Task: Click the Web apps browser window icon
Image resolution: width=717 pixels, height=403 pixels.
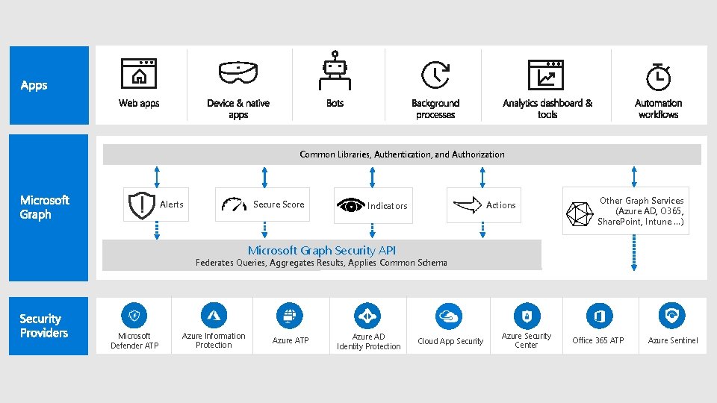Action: click(139, 73)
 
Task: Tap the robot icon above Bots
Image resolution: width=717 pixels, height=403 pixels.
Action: click(335, 71)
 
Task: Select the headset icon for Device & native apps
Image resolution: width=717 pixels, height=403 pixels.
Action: click(238, 72)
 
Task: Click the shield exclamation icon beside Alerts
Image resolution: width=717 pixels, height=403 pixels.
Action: click(140, 204)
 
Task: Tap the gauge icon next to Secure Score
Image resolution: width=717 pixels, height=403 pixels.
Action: click(234, 204)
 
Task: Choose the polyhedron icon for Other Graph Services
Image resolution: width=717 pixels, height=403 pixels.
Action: click(579, 213)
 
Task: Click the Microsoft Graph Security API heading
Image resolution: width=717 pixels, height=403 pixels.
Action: click(322, 251)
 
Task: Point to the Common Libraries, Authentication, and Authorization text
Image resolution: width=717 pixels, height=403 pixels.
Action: click(402, 154)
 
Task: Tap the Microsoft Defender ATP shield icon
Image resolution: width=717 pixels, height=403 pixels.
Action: click(134, 315)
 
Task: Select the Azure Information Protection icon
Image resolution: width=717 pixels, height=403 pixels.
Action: click(214, 315)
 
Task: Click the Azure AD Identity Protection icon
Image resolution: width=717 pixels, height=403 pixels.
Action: click(367, 316)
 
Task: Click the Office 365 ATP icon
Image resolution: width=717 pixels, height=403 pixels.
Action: click(598, 316)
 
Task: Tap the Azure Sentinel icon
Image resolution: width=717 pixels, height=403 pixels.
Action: click(673, 316)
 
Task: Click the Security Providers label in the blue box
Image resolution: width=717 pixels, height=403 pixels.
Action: click(44, 326)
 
